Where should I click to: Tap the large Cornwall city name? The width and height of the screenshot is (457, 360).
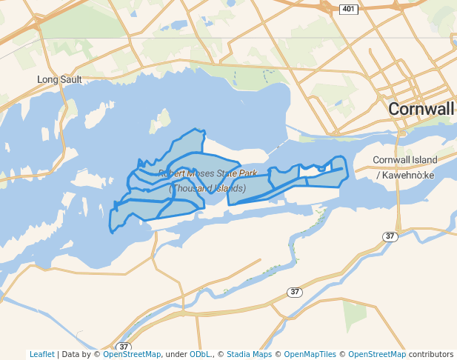coord(421,109)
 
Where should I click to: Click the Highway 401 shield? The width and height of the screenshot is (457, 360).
coord(349,9)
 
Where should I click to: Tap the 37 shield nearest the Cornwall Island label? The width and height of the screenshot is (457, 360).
coord(390,236)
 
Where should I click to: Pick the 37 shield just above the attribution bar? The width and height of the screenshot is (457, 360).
coord(123,347)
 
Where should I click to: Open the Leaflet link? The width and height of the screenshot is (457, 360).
coord(41,355)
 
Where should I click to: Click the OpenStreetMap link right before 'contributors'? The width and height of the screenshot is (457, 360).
coord(377,355)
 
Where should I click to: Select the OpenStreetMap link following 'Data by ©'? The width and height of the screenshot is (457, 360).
coord(131,355)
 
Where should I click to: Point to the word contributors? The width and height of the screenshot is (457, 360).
coord(430,355)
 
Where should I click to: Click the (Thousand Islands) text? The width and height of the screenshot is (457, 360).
coord(207,188)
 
